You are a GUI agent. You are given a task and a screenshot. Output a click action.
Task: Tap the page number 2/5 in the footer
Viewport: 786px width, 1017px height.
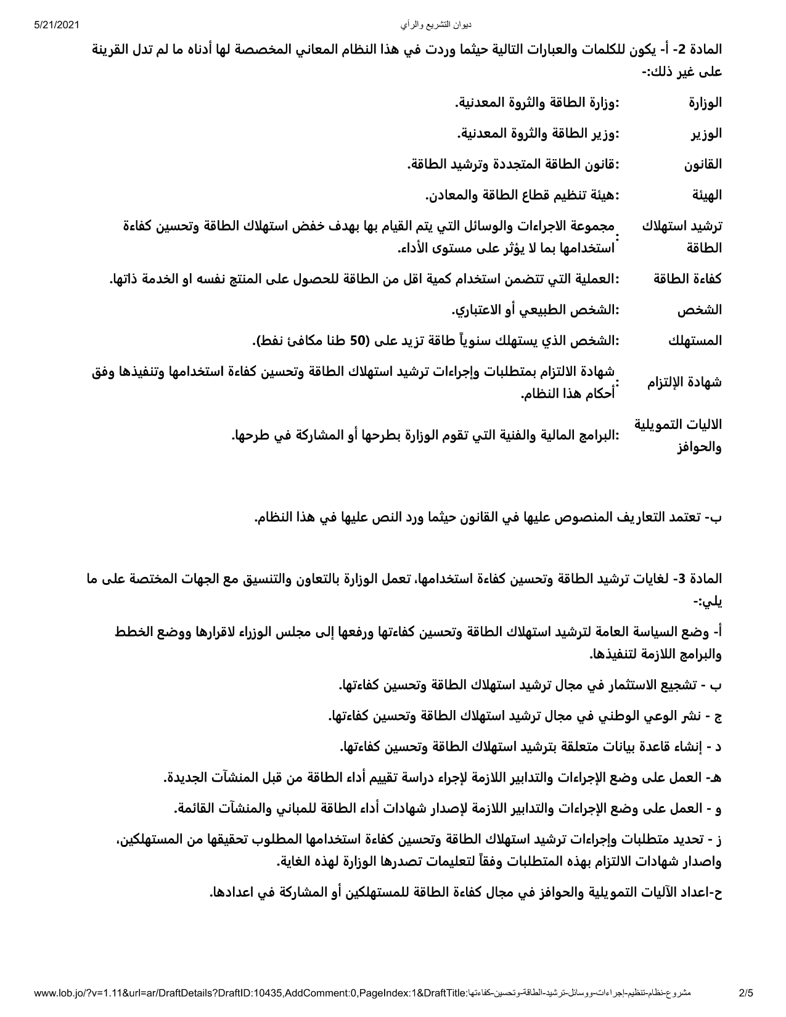click(746, 992)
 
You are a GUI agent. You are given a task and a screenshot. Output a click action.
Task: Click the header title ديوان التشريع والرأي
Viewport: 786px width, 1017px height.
click(435, 25)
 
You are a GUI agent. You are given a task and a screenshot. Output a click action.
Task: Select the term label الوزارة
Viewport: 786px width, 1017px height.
click(705, 103)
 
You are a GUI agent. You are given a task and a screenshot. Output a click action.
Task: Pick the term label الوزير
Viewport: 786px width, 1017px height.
click(707, 134)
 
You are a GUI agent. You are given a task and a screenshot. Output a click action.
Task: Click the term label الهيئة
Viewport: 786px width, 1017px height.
click(706, 195)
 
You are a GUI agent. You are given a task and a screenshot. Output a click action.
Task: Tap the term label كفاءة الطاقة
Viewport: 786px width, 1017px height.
click(687, 279)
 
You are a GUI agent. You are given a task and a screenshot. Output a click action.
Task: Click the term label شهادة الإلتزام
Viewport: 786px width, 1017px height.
click(684, 382)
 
